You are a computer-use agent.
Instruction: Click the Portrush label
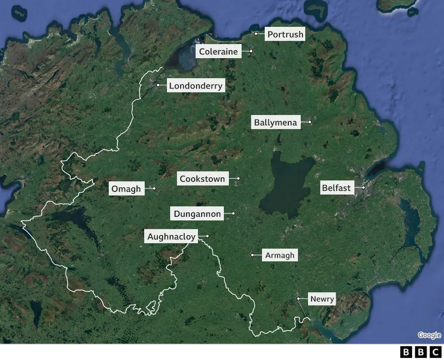click(x=285, y=34)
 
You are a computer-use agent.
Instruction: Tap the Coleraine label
click(x=218, y=51)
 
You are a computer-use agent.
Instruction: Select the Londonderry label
click(x=196, y=85)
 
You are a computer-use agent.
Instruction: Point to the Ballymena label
click(x=276, y=122)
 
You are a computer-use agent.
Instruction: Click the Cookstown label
click(x=202, y=179)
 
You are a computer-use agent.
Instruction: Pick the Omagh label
click(x=126, y=189)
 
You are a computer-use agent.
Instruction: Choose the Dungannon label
click(x=197, y=214)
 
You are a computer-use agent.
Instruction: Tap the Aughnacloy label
click(x=172, y=236)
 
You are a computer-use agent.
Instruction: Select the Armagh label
click(x=280, y=255)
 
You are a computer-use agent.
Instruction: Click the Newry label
click(x=322, y=299)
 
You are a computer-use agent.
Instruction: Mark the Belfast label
click(x=336, y=188)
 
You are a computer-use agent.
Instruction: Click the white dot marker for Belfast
click(x=363, y=187)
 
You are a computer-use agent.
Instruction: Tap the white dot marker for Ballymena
click(x=310, y=122)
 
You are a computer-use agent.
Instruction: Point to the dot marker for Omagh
click(x=154, y=188)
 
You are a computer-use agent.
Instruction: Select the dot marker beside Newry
click(x=298, y=299)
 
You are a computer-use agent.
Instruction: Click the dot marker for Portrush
click(x=256, y=34)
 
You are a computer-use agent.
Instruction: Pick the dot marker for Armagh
click(x=252, y=255)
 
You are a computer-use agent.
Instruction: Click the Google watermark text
click(x=429, y=335)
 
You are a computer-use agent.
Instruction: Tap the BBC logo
click(x=421, y=352)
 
